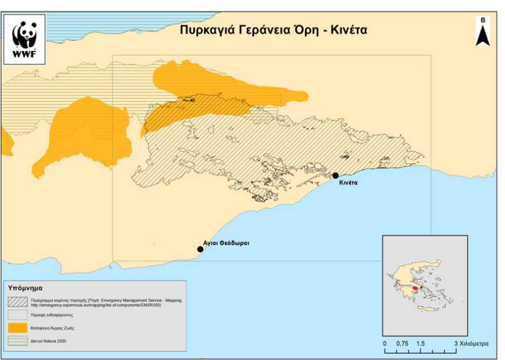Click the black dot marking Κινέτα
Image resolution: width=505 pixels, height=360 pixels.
point(336,175)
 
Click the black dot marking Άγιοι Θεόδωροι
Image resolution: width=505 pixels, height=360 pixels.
point(200,249)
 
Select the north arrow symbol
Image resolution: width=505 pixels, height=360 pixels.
point(483,33)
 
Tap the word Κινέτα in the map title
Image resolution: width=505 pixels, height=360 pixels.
point(348,30)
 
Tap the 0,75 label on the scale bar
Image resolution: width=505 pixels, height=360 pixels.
point(402,343)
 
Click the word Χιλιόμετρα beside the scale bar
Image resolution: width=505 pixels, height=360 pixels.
point(474,343)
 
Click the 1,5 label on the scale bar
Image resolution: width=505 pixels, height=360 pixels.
point(420,343)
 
